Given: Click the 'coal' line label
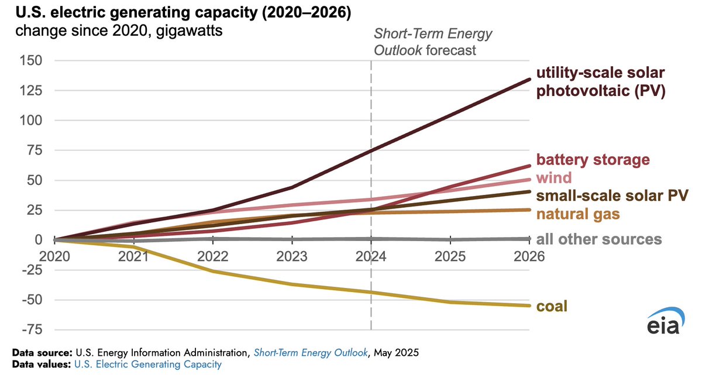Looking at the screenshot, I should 552,306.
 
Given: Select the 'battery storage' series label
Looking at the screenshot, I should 593,160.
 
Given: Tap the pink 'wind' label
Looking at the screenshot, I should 554,177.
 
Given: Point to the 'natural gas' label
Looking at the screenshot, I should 578,214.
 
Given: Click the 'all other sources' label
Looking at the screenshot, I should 599,239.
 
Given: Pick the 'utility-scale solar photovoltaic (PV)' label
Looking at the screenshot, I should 601,83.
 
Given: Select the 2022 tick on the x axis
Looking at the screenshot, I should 213,256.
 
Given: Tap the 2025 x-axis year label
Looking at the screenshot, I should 450,256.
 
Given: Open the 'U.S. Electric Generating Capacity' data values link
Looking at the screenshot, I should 147,365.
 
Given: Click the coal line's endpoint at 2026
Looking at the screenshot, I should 529,306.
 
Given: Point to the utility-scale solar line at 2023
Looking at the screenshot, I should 292,187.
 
